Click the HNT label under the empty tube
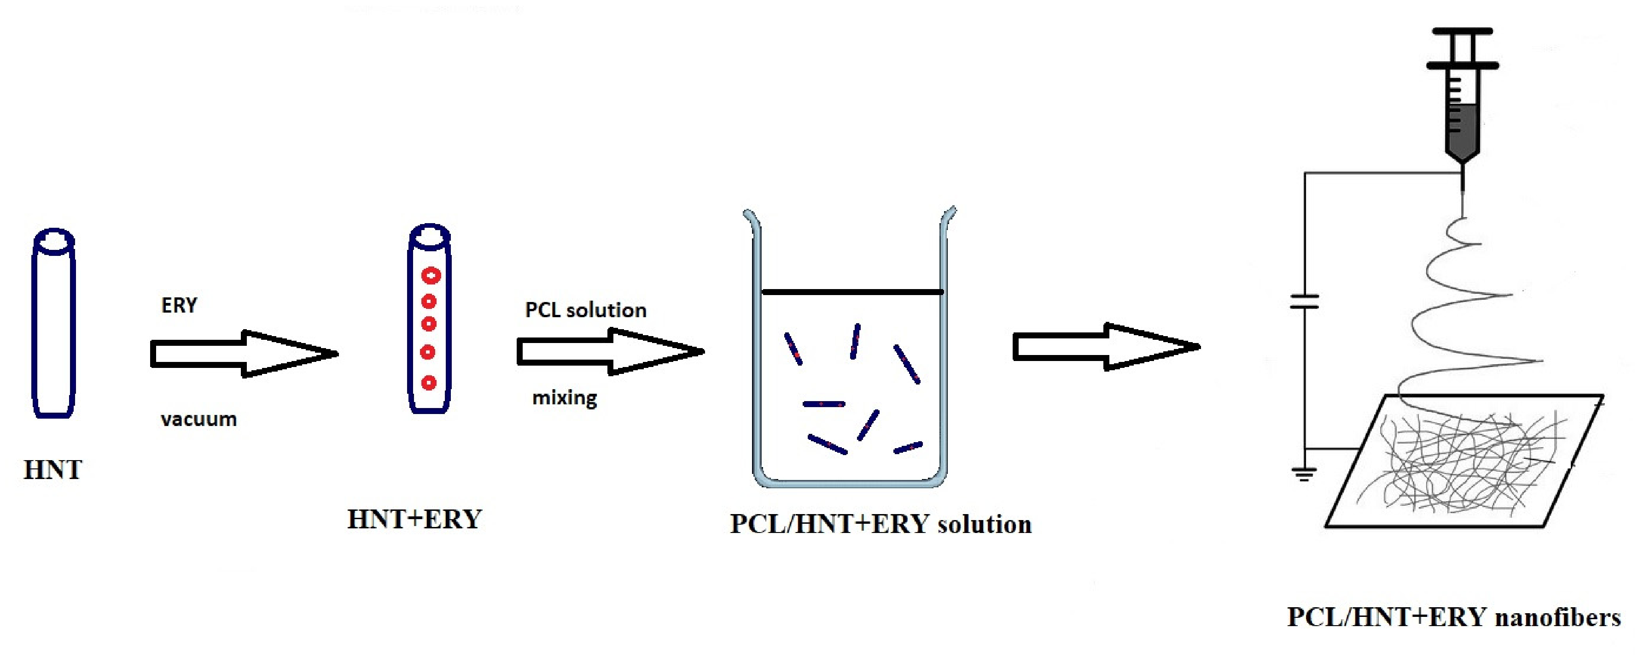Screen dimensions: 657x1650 (x=52, y=470)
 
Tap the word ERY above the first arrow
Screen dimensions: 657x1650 (x=179, y=305)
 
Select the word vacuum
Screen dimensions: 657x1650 (x=198, y=419)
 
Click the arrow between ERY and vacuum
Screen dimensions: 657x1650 (x=244, y=354)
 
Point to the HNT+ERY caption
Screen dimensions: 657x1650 (x=414, y=519)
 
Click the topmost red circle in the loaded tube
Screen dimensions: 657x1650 (x=431, y=276)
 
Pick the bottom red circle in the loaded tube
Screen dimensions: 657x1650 (x=429, y=383)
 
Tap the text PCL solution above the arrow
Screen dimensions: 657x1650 (x=585, y=310)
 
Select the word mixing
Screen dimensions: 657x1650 (x=564, y=398)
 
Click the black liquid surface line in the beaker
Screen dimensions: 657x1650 (x=852, y=292)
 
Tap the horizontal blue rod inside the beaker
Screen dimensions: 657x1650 (x=824, y=404)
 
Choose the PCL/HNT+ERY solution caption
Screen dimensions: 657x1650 (x=881, y=524)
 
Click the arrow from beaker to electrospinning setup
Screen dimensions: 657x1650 (x=1105, y=347)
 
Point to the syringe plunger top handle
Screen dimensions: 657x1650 (x=1462, y=31)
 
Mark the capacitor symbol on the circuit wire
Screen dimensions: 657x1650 (x=1304, y=301)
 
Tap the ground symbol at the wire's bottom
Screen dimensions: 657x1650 (x=1304, y=474)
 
